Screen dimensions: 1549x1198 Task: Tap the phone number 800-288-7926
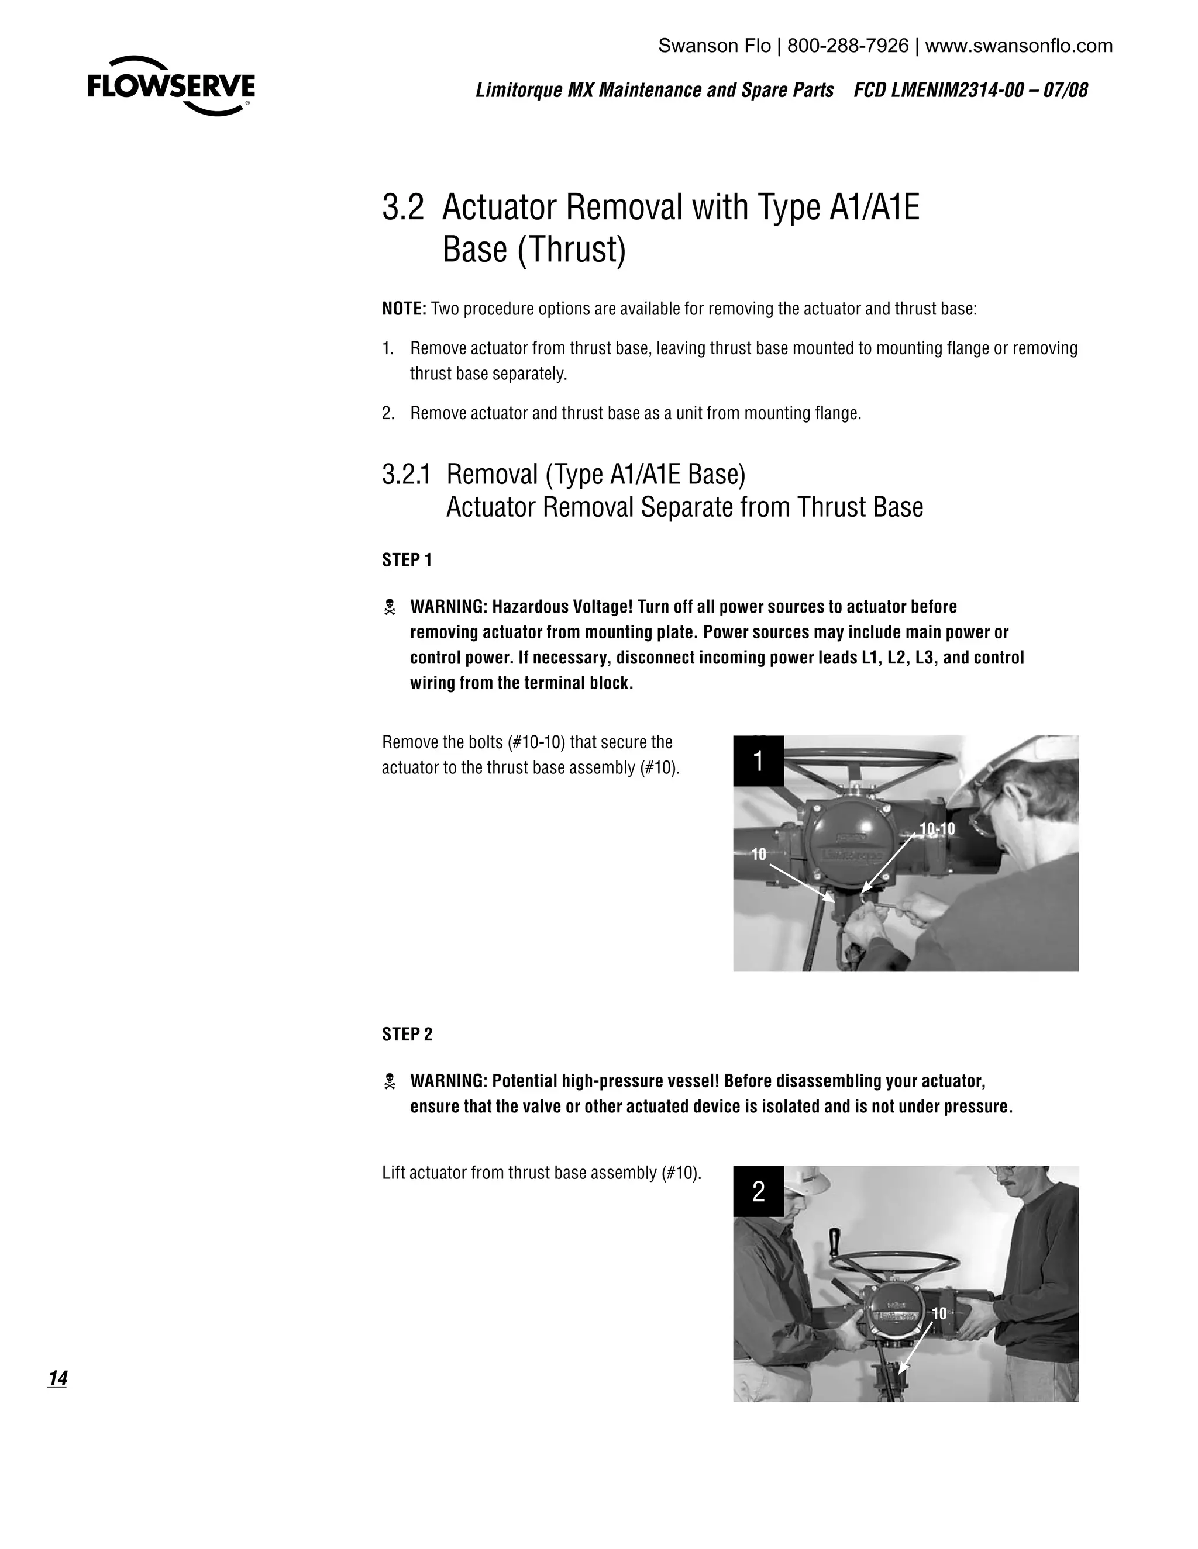click(x=848, y=46)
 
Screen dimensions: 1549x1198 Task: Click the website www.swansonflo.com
click(x=1018, y=46)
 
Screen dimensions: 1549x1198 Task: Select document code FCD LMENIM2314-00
click(x=935, y=91)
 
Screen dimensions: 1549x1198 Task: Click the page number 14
click(x=57, y=1378)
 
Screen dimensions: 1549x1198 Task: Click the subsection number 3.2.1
click(x=406, y=475)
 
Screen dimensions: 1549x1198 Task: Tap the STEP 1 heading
click(x=407, y=561)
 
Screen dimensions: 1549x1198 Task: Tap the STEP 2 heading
click(x=407, y=1035)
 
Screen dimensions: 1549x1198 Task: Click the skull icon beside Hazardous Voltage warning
click(x=389, y=607)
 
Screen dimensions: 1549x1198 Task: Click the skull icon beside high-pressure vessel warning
click(x=389, y=1081)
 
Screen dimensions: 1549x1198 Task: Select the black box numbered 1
click(x=758, y=761)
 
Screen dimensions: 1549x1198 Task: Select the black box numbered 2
click(x=758, y=1191)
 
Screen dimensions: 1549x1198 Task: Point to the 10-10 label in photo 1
click(x=937, y=829)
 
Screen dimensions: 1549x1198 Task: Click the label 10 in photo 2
click(x=939, y=1313)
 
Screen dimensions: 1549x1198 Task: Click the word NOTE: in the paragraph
click(x=404, y=309)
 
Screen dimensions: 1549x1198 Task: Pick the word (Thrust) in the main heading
click(x=572, y=250)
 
